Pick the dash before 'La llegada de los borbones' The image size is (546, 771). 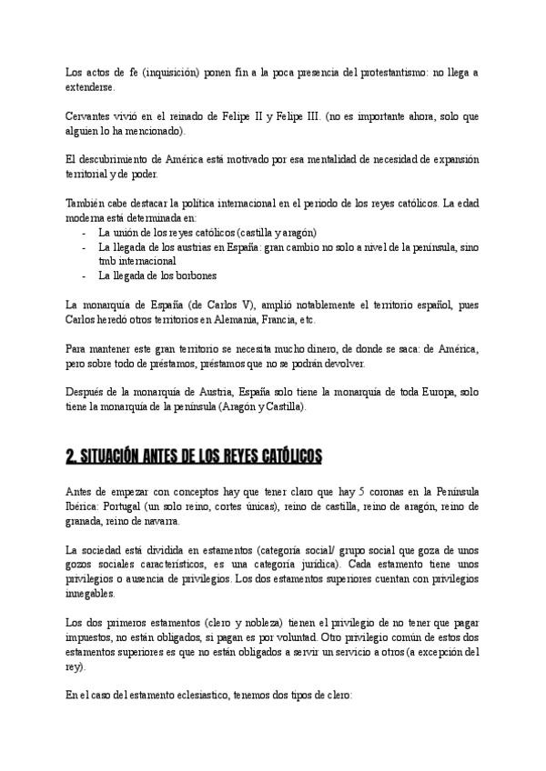click(85, 275)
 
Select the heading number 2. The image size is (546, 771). click(72, 453)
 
